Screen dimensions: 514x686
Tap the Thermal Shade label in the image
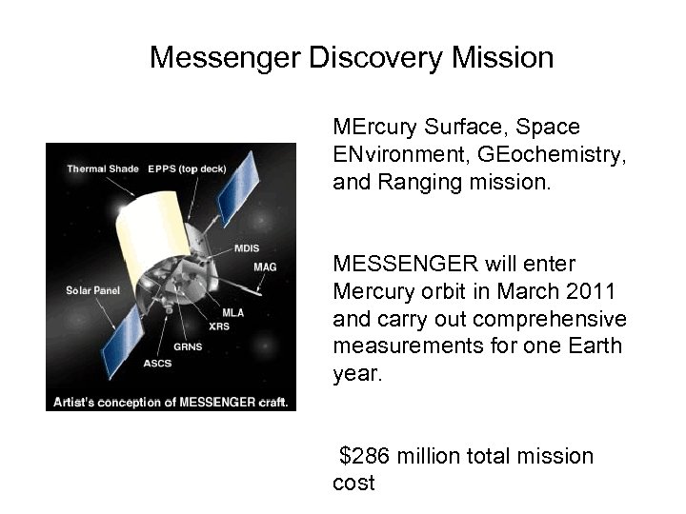101,169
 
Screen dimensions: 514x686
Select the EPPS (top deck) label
187,169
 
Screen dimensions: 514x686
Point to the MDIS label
247,248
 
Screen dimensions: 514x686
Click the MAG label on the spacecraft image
265,267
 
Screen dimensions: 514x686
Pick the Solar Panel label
92,289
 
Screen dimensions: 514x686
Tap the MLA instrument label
232,312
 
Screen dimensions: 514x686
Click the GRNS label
188,346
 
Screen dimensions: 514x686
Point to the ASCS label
157,363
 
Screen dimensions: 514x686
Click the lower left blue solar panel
123,332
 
